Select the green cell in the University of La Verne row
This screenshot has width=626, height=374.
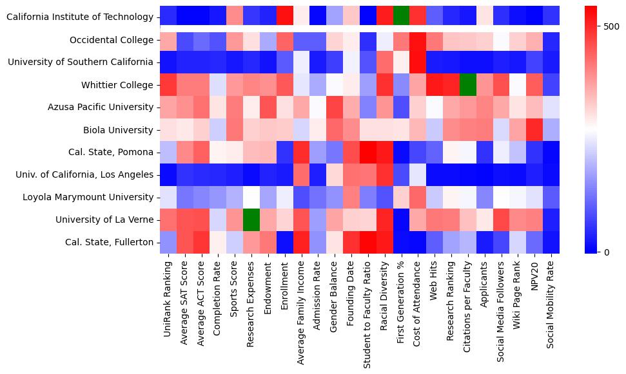pos(251,220)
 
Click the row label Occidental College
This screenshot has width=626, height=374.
pos(113,40)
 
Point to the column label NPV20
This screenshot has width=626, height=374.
pos(534,277)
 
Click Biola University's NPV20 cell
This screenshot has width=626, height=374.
pos(534,130)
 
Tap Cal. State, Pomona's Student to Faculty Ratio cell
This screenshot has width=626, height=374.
pos(368,153)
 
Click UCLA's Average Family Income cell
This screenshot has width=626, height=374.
pos(302,174)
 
